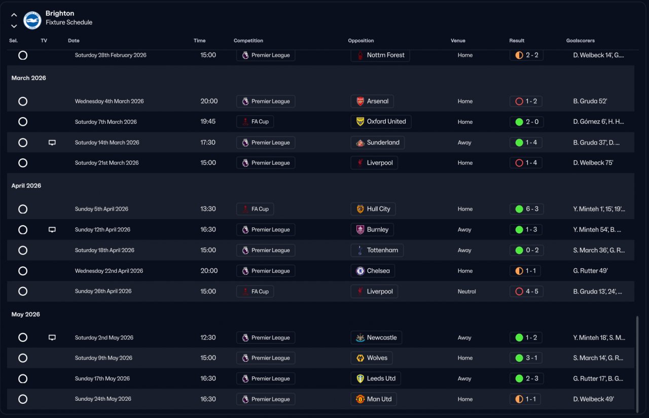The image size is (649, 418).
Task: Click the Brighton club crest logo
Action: click(x=32, y=20)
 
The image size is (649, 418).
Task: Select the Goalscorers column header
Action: click(x=580, y=41)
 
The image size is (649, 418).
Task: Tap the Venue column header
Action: click(x=458, y=41)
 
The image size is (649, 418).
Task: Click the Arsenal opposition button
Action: click(x=372, y=101)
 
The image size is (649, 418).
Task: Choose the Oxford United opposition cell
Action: click(x=381, y=122)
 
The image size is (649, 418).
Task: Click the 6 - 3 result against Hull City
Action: click(x=526, y=209)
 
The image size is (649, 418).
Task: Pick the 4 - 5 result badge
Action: click(x=526, y=292)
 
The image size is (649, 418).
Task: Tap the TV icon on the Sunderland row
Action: click(x=52, y=143)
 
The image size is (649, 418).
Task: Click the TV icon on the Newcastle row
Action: click(x=52, y=338)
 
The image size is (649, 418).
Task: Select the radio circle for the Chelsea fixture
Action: click(x=23, y=271)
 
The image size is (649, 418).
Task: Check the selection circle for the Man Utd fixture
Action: click(x=23, y=399)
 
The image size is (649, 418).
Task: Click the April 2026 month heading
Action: click(x=26, y=186)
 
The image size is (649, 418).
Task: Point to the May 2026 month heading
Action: click(x=26, y=315)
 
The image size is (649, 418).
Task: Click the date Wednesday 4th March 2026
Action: click(x=109, y=101)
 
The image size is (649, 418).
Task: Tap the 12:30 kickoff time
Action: click(x=208, y=338)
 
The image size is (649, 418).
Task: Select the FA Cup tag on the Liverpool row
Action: click(x=255, y=292)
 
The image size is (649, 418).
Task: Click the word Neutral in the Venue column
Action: click(x=466, y=292)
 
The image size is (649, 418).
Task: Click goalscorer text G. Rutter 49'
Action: click(x=590, y=271)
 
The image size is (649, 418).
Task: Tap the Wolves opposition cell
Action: click(x=372, y=358)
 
